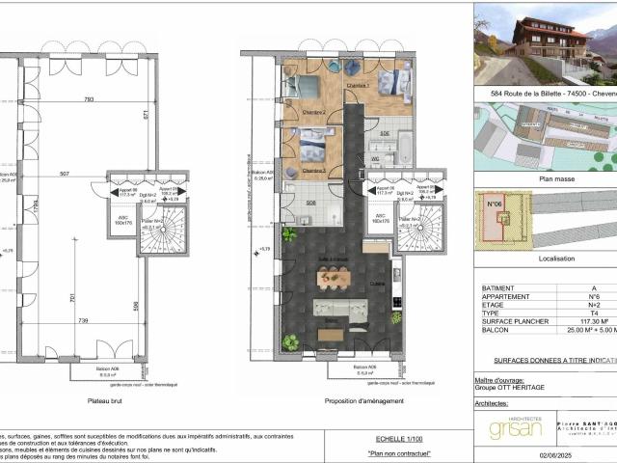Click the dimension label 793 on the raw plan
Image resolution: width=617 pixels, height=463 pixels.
coord(88,99)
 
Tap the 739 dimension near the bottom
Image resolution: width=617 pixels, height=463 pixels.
coord(83,320)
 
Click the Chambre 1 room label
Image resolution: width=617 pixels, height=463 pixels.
coord(358,86)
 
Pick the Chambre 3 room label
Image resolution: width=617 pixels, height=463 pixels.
coord(313,170)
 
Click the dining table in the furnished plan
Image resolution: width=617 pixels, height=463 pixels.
coord(333,278)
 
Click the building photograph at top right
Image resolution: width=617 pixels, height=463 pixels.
coord(546,43)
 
